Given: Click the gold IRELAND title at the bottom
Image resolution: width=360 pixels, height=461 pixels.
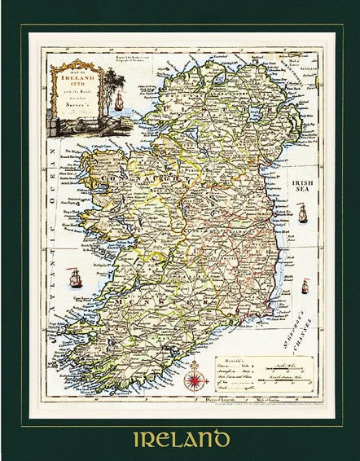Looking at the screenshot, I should click(x=179, y=425).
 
